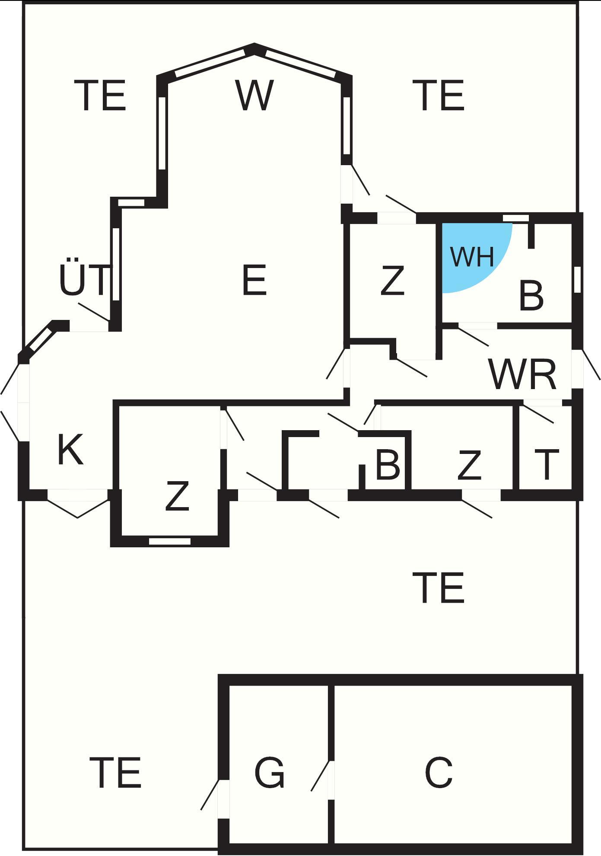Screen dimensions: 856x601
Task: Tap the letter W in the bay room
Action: [254, 95]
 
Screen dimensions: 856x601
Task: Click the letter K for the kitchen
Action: [70, 450]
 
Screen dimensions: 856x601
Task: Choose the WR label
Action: [522, 374]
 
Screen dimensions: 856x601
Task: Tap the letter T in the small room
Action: [547, 465]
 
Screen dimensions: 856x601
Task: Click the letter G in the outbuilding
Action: [270, 772]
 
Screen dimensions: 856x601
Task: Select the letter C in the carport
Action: [439, 772]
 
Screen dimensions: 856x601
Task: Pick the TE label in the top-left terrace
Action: [102, 96]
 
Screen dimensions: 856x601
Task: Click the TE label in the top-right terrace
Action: [440, 96]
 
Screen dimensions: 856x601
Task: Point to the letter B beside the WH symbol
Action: [531, 296]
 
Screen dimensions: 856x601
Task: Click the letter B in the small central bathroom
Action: [387, 465]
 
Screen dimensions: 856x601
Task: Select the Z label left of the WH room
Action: [392, 281]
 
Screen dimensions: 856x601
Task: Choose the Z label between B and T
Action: [469, 465]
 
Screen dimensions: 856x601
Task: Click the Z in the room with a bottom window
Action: [177, 496]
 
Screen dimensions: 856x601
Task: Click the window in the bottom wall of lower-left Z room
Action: [169, 541]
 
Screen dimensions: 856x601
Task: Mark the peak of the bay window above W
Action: [254, 47]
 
